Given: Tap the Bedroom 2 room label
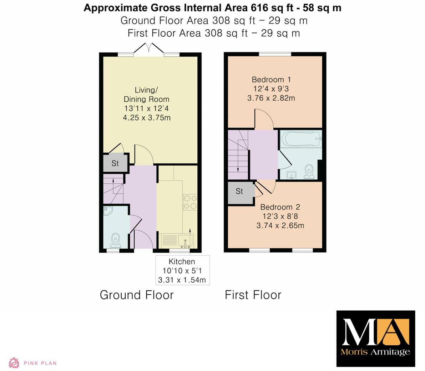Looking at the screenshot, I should pyautogui.click(x=280, y=207).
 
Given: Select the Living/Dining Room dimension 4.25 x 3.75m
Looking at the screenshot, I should pyautogui.click(x=146, y=117).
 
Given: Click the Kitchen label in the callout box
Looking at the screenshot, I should pyautogui.click(x=182, y=261).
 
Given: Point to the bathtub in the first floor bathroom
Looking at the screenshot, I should pyautogui.click(x=300, y=138).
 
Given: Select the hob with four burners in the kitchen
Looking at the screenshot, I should pyautogui.click(x=189, y=201).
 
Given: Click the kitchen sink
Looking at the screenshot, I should pyautogui.click(x=185, y=241).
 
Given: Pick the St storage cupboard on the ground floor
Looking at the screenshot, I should pyautogui.click(x=115, y=163).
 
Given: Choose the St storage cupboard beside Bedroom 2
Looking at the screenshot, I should pyautogui.click(x=239, y=192).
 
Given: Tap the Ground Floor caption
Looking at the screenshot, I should pyautogui.click(x=136, y=295).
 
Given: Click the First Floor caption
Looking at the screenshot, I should pyautogui.click(x=253, y=295).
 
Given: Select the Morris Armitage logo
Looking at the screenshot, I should pyautogui.click(x=376, y=338).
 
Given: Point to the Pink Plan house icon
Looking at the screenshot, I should pyautogui.click(x=14, y=363).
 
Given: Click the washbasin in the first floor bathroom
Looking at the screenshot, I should pyautogui.click(x=292, y=175).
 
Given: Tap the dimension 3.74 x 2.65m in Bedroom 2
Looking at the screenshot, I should pyautogui.click(x=280, y=225).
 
